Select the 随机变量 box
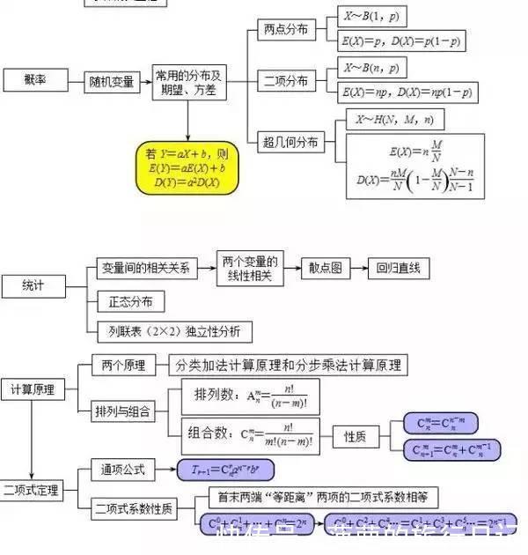pos(112,82)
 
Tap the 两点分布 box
pos(286,29)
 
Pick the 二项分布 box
pos(286,81)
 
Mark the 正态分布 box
pos(130,302)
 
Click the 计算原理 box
pos(33,388)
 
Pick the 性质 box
pos(355,435)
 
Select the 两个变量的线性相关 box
pos(249,269)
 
